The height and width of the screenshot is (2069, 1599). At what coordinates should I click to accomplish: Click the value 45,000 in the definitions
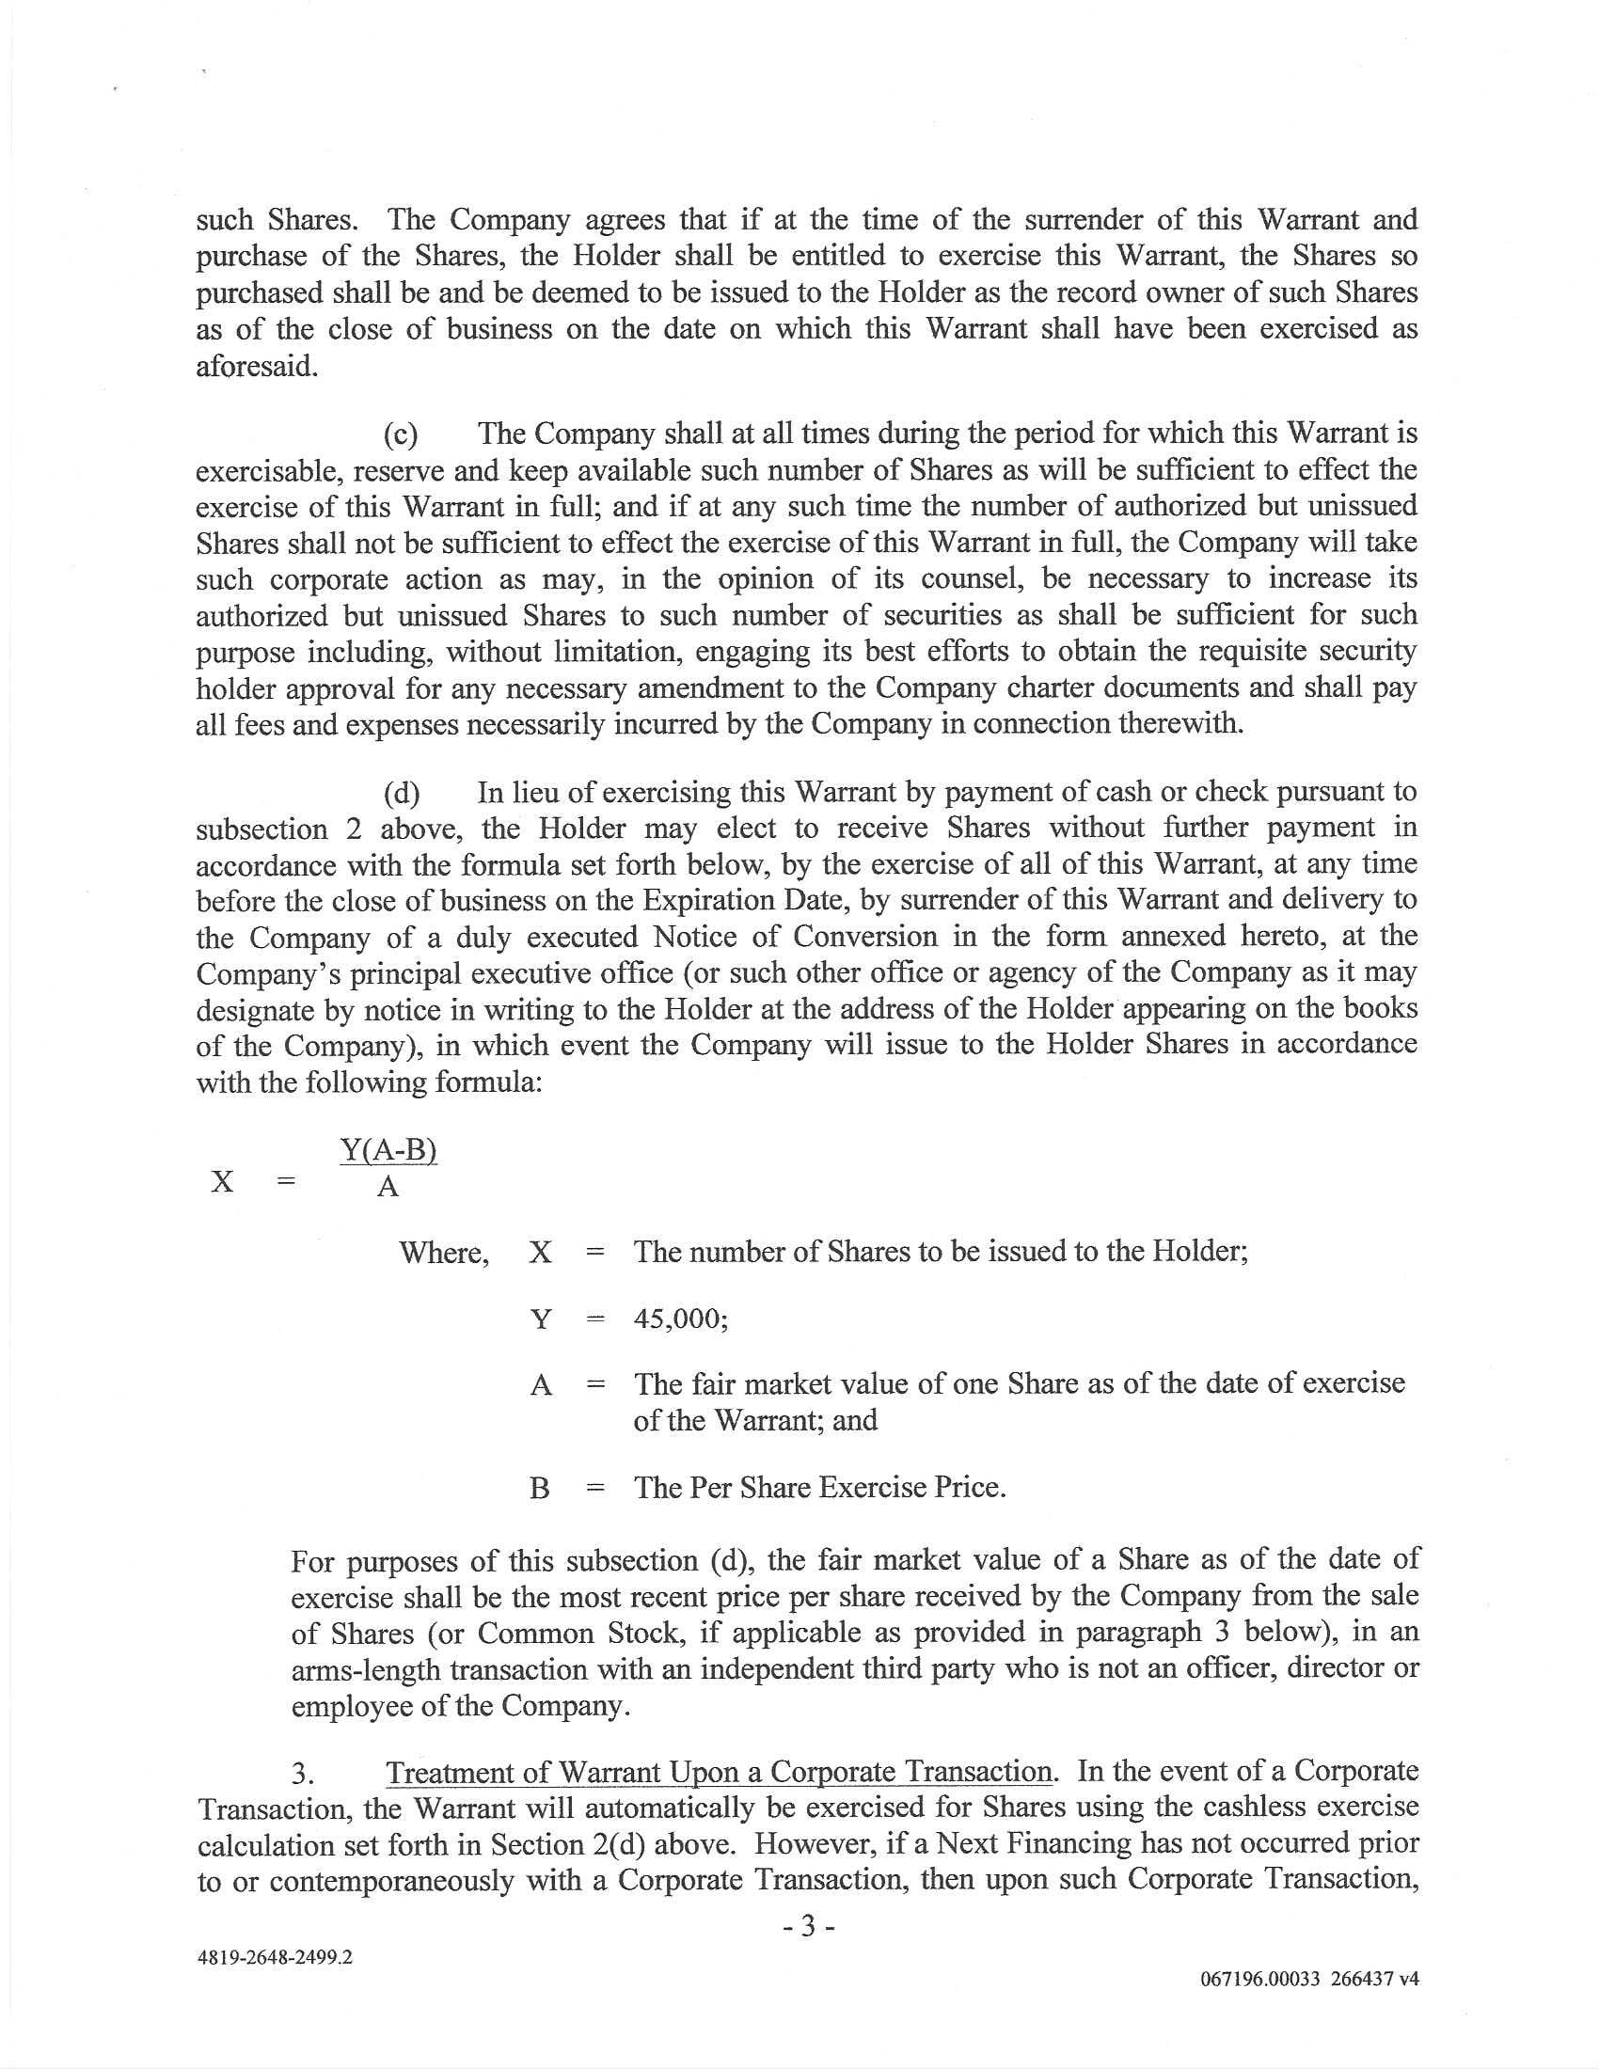pyautogui.click(x=679, y=1318)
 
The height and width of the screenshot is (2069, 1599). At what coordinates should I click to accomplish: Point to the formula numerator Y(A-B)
pyautogui.click(x=388, y=1151)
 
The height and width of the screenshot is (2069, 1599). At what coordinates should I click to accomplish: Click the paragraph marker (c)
pyautogui.click(x=401, y=434)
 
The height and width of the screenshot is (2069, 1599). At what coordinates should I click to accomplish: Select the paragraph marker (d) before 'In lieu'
pyautogui.click(x=401, y=793)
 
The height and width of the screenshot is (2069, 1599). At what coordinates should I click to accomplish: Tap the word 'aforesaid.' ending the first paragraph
pyautogui.click(x=256, y=367)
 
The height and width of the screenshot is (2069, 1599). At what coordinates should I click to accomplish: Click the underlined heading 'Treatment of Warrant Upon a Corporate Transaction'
pyautogui.click(x=719, y=1772)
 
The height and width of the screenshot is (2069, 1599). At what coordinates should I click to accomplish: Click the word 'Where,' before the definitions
pyautogui.click(x=444, y=1253)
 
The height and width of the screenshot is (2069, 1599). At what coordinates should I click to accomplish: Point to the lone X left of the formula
pyautogui.click(x=223, y=1181)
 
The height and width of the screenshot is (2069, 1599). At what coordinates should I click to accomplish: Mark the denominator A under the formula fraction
pyautogui.click(x=388, y=1186)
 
